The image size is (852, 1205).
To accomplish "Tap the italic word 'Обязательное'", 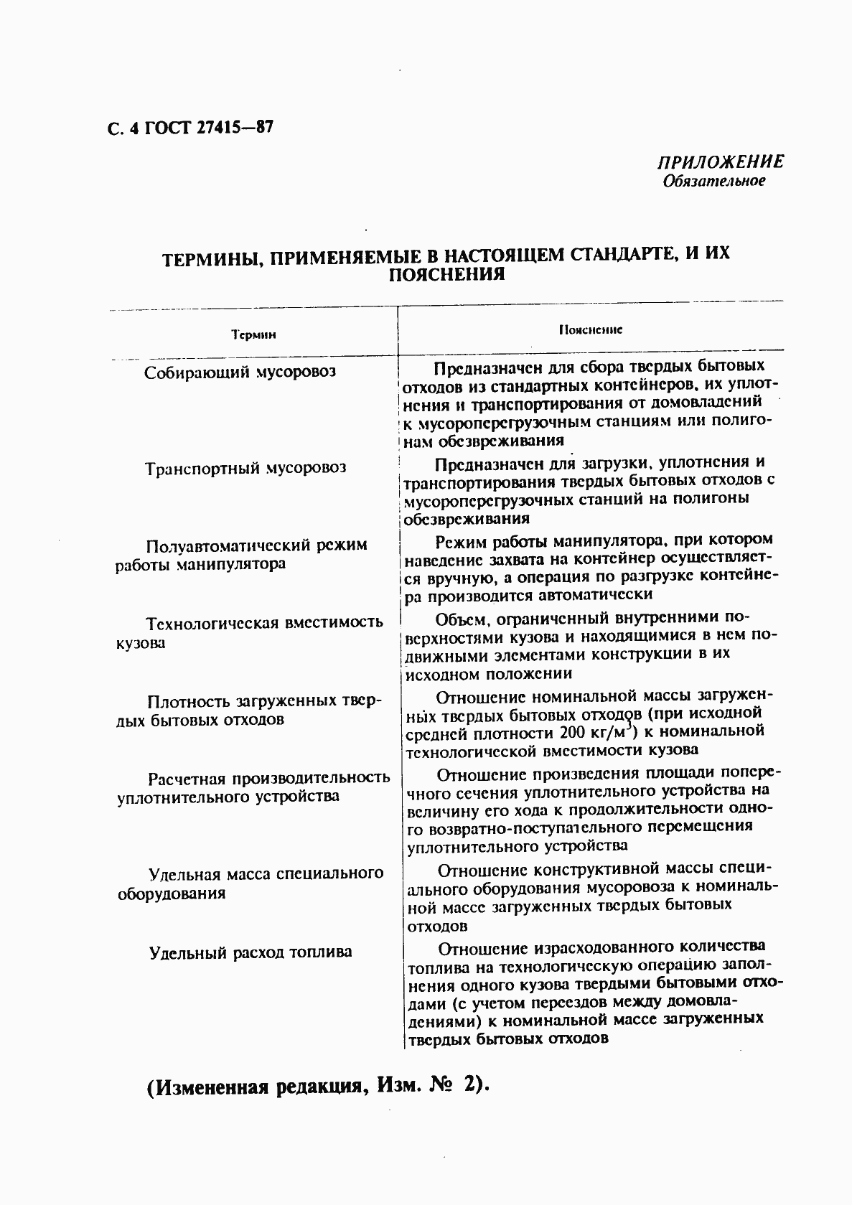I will (x=713, y=181).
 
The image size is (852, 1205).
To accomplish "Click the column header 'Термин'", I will (x=253, y=334).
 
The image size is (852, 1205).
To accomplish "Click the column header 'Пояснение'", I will (x=590, y=329).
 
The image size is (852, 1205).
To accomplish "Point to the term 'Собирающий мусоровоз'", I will (x=240, y=372).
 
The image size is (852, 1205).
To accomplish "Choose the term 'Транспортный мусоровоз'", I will (x=245, y=469).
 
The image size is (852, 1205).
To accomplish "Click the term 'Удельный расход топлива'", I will (x=251, y=952).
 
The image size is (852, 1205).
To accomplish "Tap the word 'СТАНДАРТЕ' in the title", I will (x=611, y=255).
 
